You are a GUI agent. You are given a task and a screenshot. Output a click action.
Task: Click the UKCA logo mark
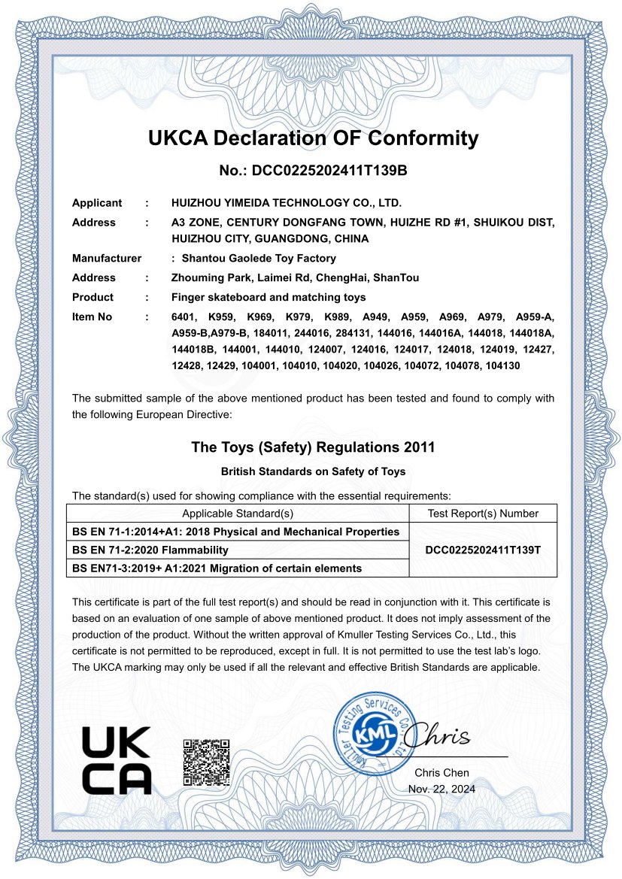117,761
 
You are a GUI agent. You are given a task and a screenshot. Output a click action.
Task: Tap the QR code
206,762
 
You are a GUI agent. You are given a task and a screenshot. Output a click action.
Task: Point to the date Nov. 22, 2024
441,789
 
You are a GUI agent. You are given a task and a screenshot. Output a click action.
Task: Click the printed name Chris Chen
441,772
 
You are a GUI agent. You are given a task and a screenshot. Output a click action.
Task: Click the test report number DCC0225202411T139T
482,550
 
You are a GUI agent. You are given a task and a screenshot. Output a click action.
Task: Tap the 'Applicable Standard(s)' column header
238,514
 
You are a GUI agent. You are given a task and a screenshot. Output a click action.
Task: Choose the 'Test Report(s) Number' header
482,514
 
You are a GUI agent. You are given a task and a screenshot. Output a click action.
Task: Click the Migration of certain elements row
217,568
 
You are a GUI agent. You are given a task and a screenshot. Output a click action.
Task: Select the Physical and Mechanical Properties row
235,532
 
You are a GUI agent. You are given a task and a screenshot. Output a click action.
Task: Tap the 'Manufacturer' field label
107,258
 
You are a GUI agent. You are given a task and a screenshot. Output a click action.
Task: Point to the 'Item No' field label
92,317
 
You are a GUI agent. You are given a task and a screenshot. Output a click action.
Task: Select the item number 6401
184,317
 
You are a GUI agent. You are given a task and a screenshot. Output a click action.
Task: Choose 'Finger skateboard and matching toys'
269,297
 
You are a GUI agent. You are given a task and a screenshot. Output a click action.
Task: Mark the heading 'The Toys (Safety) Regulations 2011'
313,447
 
